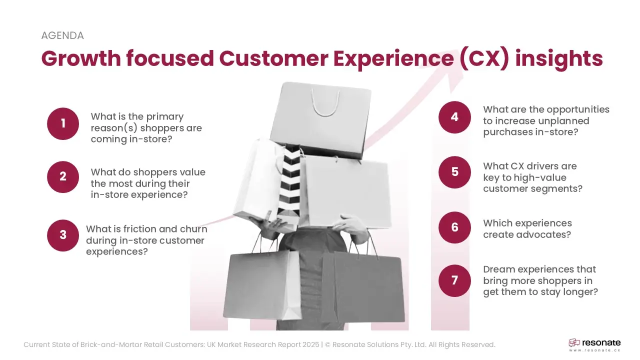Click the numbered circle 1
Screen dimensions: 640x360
pos(63,123)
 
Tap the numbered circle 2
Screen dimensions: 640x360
pos(63,177)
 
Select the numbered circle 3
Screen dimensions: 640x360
pos(63,235)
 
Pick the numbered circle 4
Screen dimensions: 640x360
pos(454,117)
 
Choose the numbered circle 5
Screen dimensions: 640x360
pos(454,172)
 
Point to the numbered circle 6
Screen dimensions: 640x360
pos(454,227)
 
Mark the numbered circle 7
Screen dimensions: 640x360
pos(454,280)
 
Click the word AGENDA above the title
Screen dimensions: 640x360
pos(62,35)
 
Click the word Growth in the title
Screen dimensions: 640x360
pos(81,58)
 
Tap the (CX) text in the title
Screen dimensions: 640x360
pos(484,59)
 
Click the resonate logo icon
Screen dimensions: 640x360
pos(574,343)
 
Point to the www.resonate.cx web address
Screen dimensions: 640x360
pos(594,350)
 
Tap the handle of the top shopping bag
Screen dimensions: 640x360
pos(325,102)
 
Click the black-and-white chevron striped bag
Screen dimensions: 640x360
pos(289,183)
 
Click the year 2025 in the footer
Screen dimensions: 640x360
pos(311,345)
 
